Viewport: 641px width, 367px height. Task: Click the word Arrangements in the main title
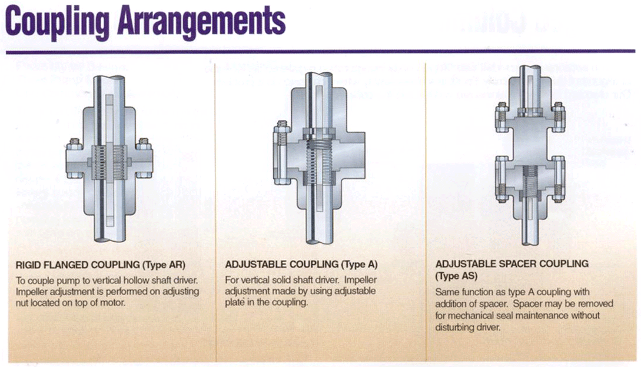pyautogui.click(x=200, y=22)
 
